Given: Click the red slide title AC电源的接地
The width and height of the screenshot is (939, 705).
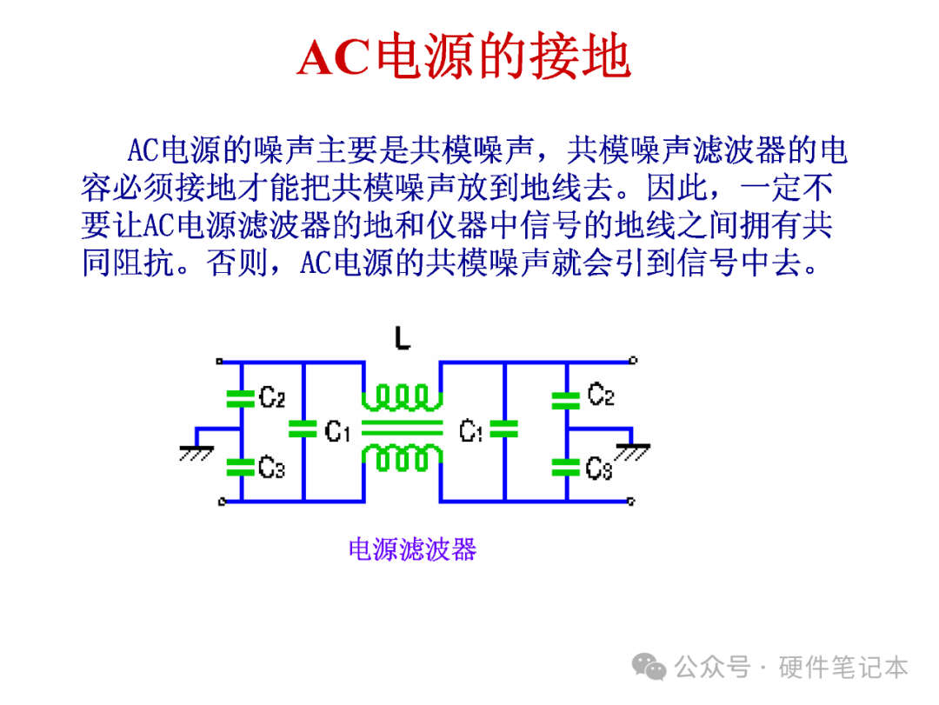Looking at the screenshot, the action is coord(463,57).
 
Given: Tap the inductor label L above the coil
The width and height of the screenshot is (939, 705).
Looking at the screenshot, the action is coord(403,338).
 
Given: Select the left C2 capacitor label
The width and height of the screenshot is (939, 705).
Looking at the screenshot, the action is coord(272,397).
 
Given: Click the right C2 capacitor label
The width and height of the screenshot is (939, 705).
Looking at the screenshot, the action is coord(601,395).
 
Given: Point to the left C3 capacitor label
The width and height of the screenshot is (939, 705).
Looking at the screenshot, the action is coord(272,467).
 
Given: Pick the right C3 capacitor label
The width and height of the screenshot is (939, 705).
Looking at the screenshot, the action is coord(599,469).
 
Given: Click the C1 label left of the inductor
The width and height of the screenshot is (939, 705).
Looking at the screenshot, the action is coord(337,430).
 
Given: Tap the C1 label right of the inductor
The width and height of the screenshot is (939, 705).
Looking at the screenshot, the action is coord(471,430).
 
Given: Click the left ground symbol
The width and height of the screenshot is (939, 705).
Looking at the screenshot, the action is coord(196,454).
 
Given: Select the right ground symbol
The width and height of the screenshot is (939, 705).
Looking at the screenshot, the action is coord(632,452).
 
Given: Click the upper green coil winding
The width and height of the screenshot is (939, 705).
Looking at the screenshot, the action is coord(403,398).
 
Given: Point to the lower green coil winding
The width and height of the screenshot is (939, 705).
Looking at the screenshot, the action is coord(403,458).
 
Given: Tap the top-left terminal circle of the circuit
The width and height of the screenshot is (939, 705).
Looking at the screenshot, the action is coord(220,361).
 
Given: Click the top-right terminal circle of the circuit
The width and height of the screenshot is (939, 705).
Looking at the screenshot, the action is coord(634,360).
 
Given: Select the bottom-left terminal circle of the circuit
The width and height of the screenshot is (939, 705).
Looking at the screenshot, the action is coord(222,502).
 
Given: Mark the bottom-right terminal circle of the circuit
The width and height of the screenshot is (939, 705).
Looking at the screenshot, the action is coord(630,502).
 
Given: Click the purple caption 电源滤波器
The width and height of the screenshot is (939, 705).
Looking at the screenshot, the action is coord(413,549).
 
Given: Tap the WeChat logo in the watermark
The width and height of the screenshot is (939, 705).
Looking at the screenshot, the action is coord(649,667).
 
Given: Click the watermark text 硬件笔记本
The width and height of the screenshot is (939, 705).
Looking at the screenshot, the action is coord(843,668).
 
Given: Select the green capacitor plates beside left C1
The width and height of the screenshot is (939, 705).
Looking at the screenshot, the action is coord(303,429).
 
